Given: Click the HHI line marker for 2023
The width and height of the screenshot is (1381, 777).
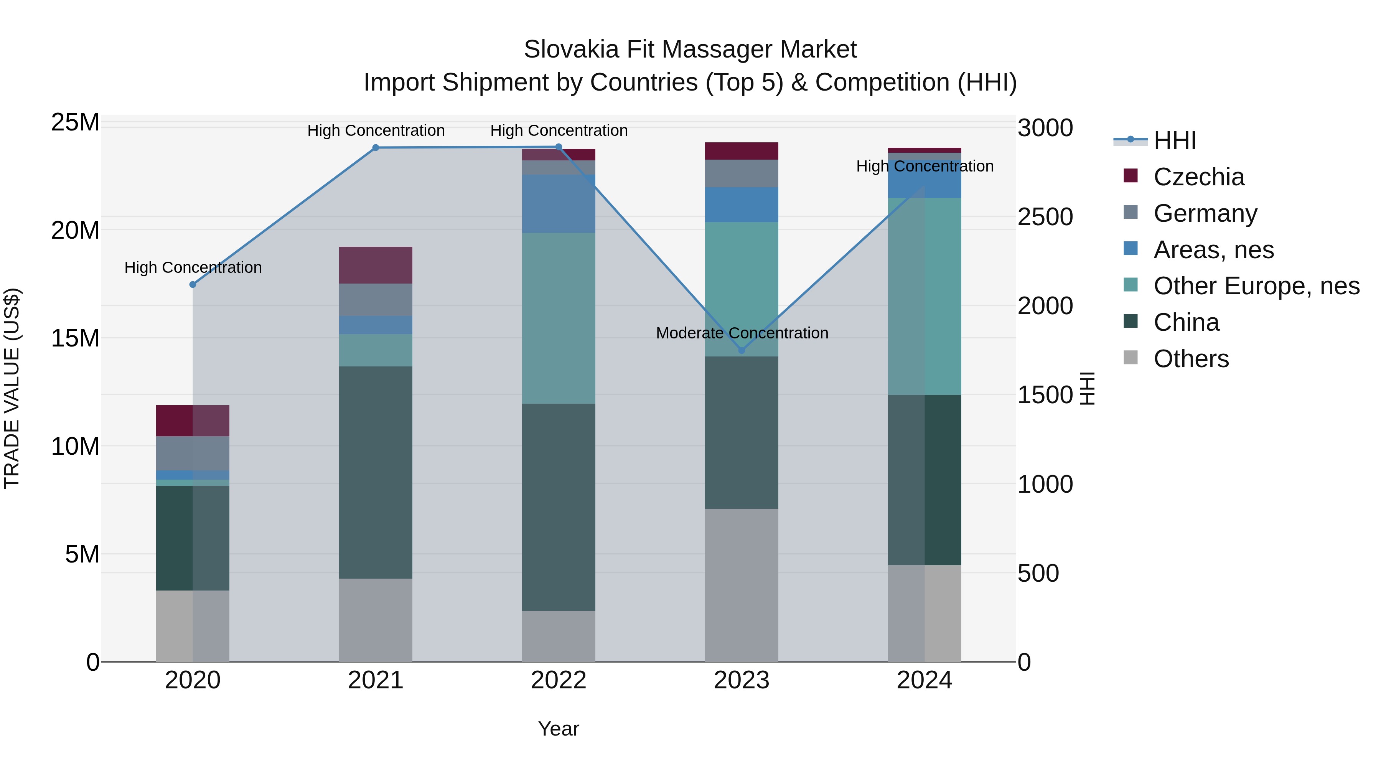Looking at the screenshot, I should (x=742, y=351).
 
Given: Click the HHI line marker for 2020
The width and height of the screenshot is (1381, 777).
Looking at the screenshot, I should (x=193, y=285).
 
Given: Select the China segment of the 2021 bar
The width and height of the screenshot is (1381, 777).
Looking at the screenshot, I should (x=376, y=472).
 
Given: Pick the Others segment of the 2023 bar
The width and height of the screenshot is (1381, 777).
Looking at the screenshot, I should (x=742, y=584).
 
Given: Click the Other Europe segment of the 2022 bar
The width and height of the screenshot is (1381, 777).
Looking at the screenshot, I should (x=559, y=318).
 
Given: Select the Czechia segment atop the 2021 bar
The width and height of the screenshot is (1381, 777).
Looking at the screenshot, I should (x=376, y=265).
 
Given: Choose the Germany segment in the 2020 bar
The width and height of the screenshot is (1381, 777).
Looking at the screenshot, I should (x=193, y=453).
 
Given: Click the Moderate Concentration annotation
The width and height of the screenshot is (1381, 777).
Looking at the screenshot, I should (x=742, y=333).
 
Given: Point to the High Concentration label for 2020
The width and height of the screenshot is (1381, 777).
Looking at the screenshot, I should (x=193, y=267).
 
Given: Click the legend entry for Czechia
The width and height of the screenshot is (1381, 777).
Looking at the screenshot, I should (x=1199, y=177).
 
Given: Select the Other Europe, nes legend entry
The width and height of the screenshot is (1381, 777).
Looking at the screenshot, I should (x=1256, y=286).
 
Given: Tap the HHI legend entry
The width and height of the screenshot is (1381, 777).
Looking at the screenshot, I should (x=1174, y=140).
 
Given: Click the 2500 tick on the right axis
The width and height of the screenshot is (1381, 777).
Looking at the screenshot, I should (x=1045, y=217).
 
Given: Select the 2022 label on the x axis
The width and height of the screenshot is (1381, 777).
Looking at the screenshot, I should (x=559, y=680).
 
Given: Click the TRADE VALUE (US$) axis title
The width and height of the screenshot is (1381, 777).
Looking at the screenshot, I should (x=12, y=388).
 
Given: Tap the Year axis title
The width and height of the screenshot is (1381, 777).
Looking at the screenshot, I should (x=559, y=729).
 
